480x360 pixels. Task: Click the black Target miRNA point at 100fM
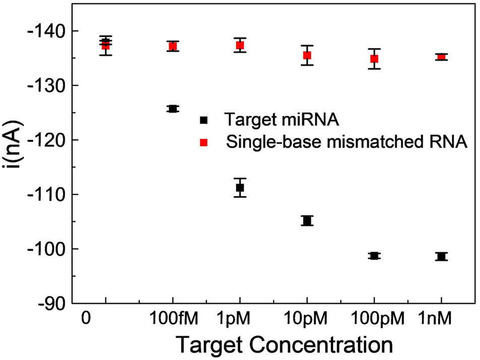click(173, 108)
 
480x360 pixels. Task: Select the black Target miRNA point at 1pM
click(240, 188)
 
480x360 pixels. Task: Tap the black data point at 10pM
click(307, 220)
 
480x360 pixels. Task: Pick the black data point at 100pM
click(374, 256)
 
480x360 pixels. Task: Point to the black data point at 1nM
click(441, 256)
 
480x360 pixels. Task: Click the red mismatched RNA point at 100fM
click(173, 46)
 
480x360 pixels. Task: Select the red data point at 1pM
click(240, 45)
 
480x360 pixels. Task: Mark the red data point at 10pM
click(307, 55)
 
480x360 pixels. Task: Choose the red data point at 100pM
click(374, 58)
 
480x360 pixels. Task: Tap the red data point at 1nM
click(441, 57)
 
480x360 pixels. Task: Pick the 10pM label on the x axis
click(307, 320)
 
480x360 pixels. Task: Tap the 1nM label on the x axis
click(441, 320)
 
